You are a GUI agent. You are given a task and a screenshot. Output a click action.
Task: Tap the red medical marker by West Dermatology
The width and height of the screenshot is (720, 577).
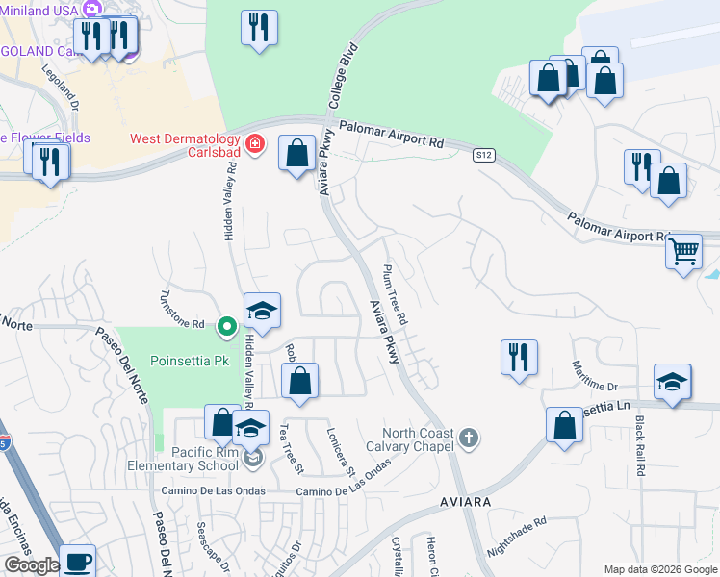coord(254,144)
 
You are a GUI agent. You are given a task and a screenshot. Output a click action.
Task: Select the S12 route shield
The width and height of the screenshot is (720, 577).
coord(483,155)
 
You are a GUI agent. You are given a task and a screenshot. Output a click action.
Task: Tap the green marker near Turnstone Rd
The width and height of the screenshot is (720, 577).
coord(227,327)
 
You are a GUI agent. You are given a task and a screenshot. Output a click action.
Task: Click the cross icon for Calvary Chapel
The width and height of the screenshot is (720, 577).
coord(469,439)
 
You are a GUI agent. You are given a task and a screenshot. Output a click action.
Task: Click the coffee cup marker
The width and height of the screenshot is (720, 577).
coord(78,561)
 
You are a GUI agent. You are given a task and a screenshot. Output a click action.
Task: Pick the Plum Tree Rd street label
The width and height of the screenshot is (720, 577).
coord(396,293)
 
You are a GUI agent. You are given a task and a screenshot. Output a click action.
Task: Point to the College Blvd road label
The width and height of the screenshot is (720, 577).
coord(343,74)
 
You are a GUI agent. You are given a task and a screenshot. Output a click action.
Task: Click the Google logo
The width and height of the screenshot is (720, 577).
coord(31,566)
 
